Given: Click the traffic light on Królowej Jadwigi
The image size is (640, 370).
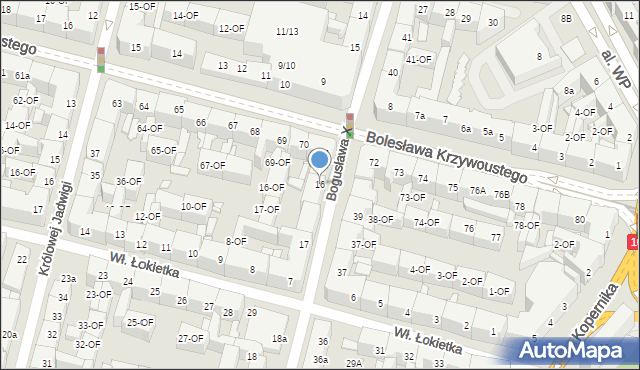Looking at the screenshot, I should click(x=100, y=59).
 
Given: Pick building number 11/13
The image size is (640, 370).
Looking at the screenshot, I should click(x=287, y=33).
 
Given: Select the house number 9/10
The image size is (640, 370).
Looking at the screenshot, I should click(x=286, y=66).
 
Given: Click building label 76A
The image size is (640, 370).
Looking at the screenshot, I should click(x=478, y=190).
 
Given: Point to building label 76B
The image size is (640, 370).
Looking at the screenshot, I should click(x=500, y=195).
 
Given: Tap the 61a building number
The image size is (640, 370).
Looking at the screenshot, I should click(x=22, y=76).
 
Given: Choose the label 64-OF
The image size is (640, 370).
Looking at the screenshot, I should click(x=149, y=128).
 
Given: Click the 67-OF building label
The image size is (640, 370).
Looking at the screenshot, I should click(x=212, y=166).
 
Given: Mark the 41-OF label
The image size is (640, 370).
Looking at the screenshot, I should click(x=418, y=59).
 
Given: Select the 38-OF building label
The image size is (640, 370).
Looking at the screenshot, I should click(x=380, y=219).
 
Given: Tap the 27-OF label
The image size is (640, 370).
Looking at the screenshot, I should click(x=190, y=338).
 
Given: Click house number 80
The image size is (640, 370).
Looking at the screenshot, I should click(x=580, y=219).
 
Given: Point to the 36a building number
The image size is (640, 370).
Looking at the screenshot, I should click(x=320, y=359).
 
